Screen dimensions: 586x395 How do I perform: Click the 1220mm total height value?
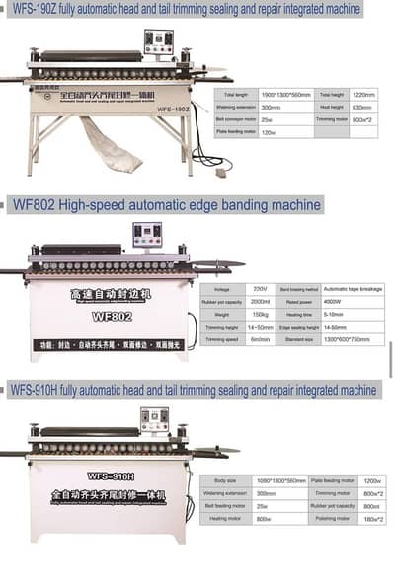point(363,93)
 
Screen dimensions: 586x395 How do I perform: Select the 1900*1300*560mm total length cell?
point(280,93)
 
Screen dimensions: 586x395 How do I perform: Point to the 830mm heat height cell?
point(361,106)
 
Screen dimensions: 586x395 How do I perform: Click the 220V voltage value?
point(261,289)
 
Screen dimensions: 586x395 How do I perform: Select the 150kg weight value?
point(261,314)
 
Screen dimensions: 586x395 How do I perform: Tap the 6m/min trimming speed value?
point(261,339)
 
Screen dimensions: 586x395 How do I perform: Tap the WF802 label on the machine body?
point(112,317)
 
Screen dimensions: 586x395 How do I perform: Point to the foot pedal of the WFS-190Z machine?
point(221,171)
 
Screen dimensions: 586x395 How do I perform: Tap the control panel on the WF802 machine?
point(148,236)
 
